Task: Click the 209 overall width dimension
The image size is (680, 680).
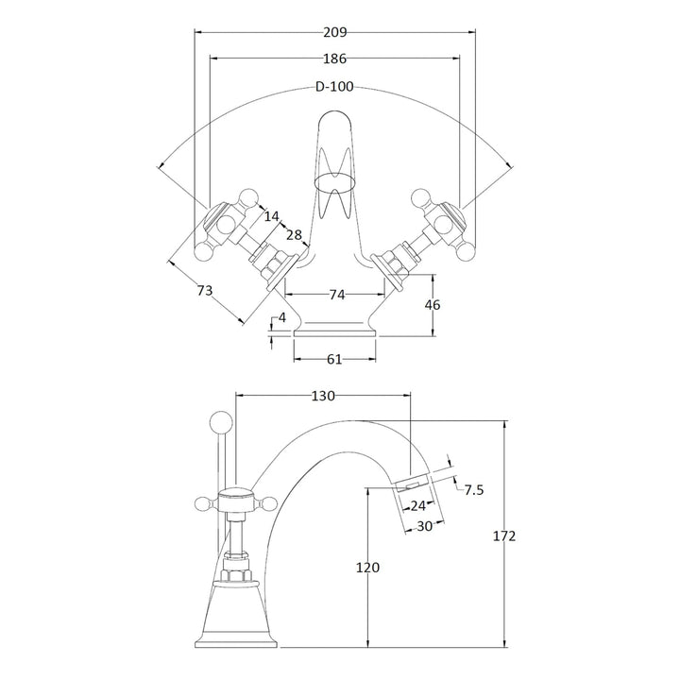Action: (334, 31)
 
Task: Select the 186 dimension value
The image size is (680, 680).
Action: (334, 59)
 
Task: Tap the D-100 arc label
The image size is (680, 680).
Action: (334, 88)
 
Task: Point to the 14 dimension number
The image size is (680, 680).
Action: (272, 216)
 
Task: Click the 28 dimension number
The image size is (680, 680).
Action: (294, 235)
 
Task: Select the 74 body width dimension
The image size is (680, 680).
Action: (335, 295)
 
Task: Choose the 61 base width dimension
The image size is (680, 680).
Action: (335, 359)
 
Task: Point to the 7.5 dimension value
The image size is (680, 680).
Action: (473, 488)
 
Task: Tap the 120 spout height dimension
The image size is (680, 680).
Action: (367, 567)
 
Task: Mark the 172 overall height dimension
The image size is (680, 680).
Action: (505, 535)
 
